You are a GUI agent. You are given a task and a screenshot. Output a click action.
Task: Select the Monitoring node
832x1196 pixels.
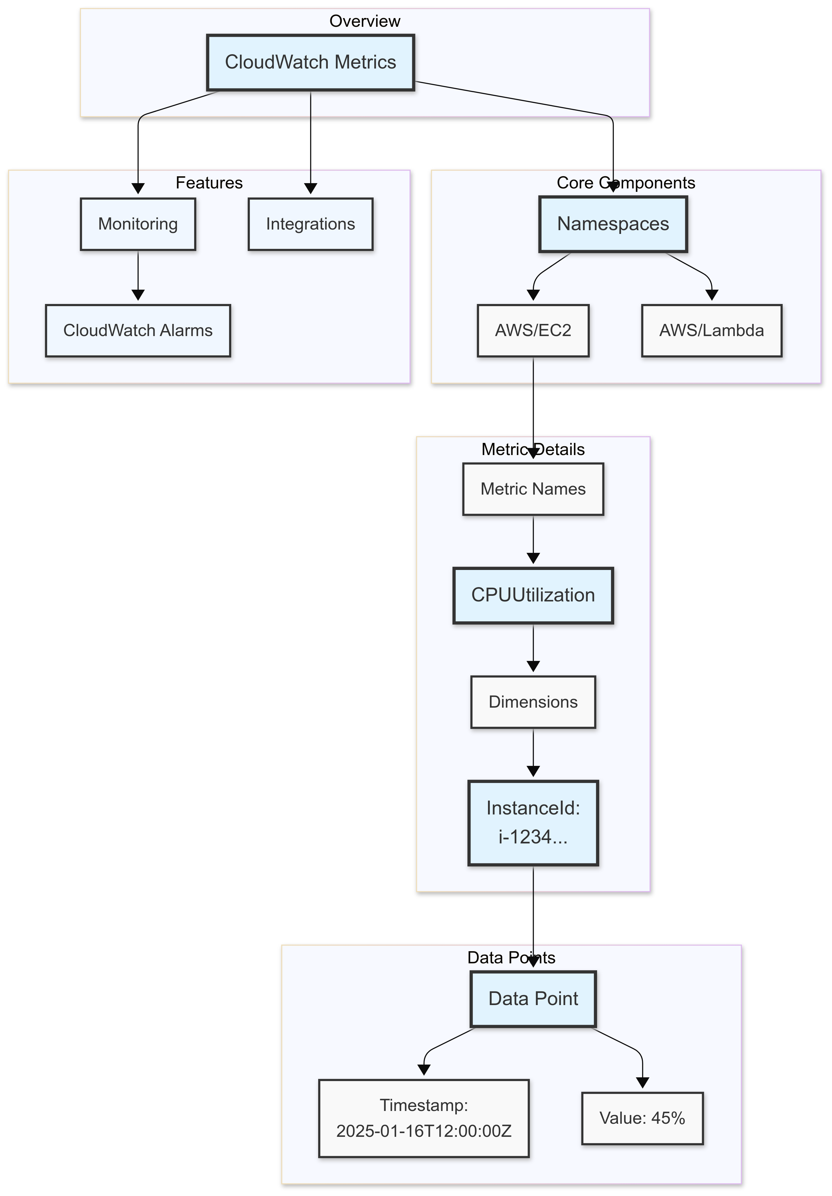point(138,224)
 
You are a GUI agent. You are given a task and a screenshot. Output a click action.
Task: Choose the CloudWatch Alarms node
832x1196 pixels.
point(138,330)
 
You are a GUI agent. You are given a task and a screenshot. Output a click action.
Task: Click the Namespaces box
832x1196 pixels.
point(613,224)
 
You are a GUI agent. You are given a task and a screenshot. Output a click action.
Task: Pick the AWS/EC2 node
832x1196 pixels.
point(533,330)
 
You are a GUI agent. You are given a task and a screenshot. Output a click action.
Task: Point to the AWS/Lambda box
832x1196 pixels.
point(712,330)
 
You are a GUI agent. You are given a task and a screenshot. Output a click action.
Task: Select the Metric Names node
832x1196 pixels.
point(533,489)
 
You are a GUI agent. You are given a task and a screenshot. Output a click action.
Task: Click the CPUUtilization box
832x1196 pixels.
point(533,595)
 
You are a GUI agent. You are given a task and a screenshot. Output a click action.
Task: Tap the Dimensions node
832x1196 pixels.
point(533,702)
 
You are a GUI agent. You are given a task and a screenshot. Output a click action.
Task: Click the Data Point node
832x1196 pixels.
point(533,999)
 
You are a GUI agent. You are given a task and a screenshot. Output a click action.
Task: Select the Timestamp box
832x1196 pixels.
point(424,1118)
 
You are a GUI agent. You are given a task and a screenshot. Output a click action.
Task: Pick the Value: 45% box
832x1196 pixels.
point(642,1118)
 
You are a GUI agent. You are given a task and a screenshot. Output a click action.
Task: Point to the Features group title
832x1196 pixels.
point(209,183)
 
